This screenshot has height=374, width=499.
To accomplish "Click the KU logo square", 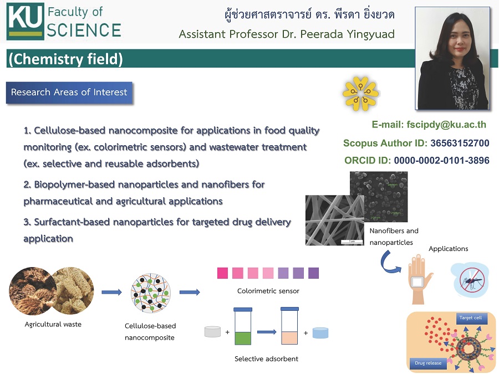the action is click(25, 21).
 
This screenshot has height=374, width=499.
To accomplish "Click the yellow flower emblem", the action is click(360, 94).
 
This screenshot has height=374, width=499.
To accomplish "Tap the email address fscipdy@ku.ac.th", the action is click(446, 124).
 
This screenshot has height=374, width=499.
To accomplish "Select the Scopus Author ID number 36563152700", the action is click(460, 143).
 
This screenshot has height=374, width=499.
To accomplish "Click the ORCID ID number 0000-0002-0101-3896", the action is click(442, 160).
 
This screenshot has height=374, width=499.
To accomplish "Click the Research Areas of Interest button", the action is click(69, 93).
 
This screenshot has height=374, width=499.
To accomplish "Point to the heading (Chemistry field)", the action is click(65, 59).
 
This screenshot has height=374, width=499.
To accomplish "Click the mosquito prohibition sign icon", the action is click(472, 280).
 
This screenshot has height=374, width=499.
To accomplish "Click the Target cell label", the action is click(471, 317).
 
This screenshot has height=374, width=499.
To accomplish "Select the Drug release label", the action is click(428, 363).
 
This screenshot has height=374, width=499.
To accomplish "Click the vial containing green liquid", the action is click(243, 326).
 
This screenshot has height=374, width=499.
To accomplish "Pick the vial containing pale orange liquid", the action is click(289, 326).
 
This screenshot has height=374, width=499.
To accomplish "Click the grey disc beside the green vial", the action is click(212, 332).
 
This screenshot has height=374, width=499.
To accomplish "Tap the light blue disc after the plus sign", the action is click(320, 332).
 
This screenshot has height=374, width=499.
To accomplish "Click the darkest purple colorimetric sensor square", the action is click(313, 273).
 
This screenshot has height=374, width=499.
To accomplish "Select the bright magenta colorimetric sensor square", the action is click(222, 273).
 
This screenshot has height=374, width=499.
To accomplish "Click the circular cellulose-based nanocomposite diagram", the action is click(150, 293).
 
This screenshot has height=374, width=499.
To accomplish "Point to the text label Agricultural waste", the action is click(53, 324).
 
